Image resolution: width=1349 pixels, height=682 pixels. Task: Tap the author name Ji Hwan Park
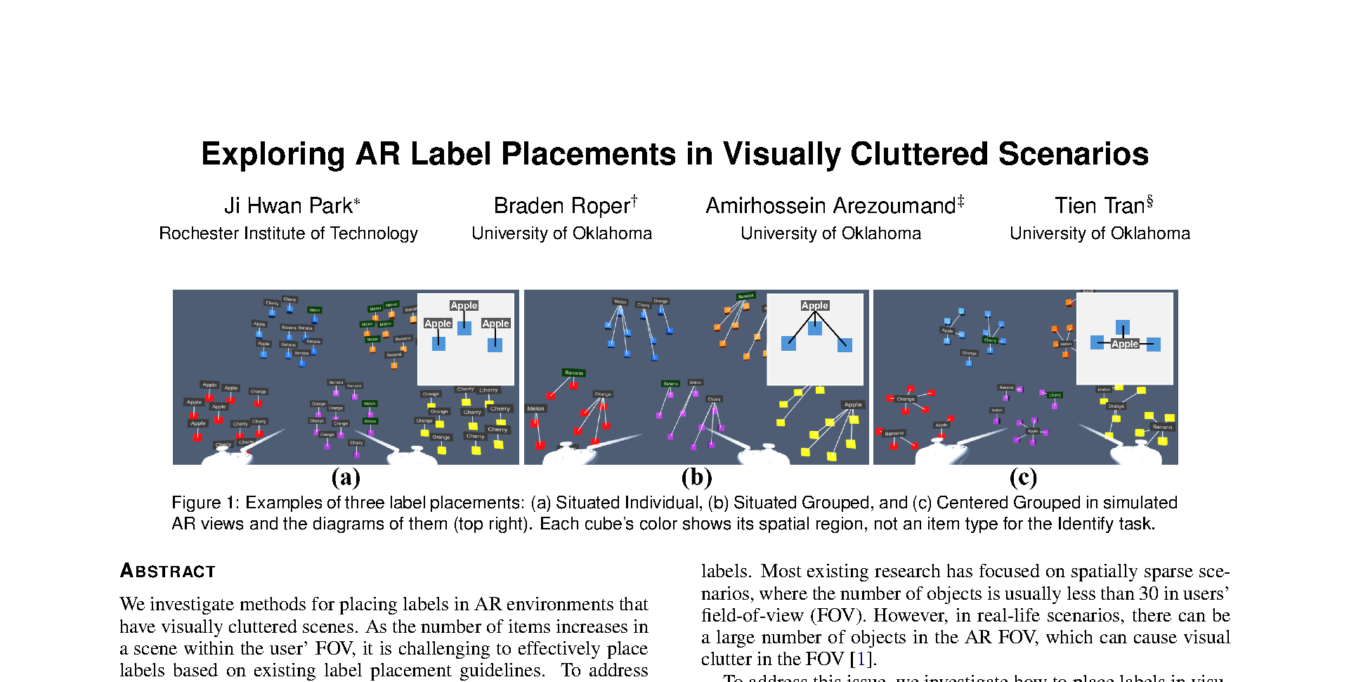pyautogui.click(x=288, y=205)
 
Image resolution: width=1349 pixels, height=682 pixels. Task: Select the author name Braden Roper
pyautogui.click(x=561, y=205)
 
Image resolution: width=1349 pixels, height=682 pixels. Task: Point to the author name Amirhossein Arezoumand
pyautogui.click(x=830, y=205)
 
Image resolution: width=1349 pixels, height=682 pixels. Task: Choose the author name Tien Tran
pyautogui.click(x=1100, y=205)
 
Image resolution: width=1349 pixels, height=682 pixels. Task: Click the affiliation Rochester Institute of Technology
pyautogui.click(x=288, y=233)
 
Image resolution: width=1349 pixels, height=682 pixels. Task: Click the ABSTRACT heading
pyautogui.click(x=167, y=571)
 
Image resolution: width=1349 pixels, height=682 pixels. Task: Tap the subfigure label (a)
pyautogui.click(x=346, y=477)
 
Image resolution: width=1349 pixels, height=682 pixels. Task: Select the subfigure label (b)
pyautogui.click(x=696, y=477)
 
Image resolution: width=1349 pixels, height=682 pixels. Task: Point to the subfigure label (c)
pyautogui.click(x=1023, y=477)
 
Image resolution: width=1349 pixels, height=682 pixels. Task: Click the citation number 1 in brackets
pyautogui.click(x=861, y=659)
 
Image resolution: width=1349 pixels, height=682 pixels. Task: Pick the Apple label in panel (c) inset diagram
pyautogui.click(x=1125, y=344)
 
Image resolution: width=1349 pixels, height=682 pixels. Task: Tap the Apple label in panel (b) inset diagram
pyautogui.click(x=815, y=305)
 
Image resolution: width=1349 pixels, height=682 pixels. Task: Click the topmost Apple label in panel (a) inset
pyautogui.click(x=464, y=305)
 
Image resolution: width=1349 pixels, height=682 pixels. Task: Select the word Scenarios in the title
pyautogui.click(x=1073, y=155)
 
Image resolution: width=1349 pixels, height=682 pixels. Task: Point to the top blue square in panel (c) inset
pyautogui.click(x=1123, y=327)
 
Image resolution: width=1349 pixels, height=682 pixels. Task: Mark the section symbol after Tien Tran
pyautogui.click(x=1150, y=201)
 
